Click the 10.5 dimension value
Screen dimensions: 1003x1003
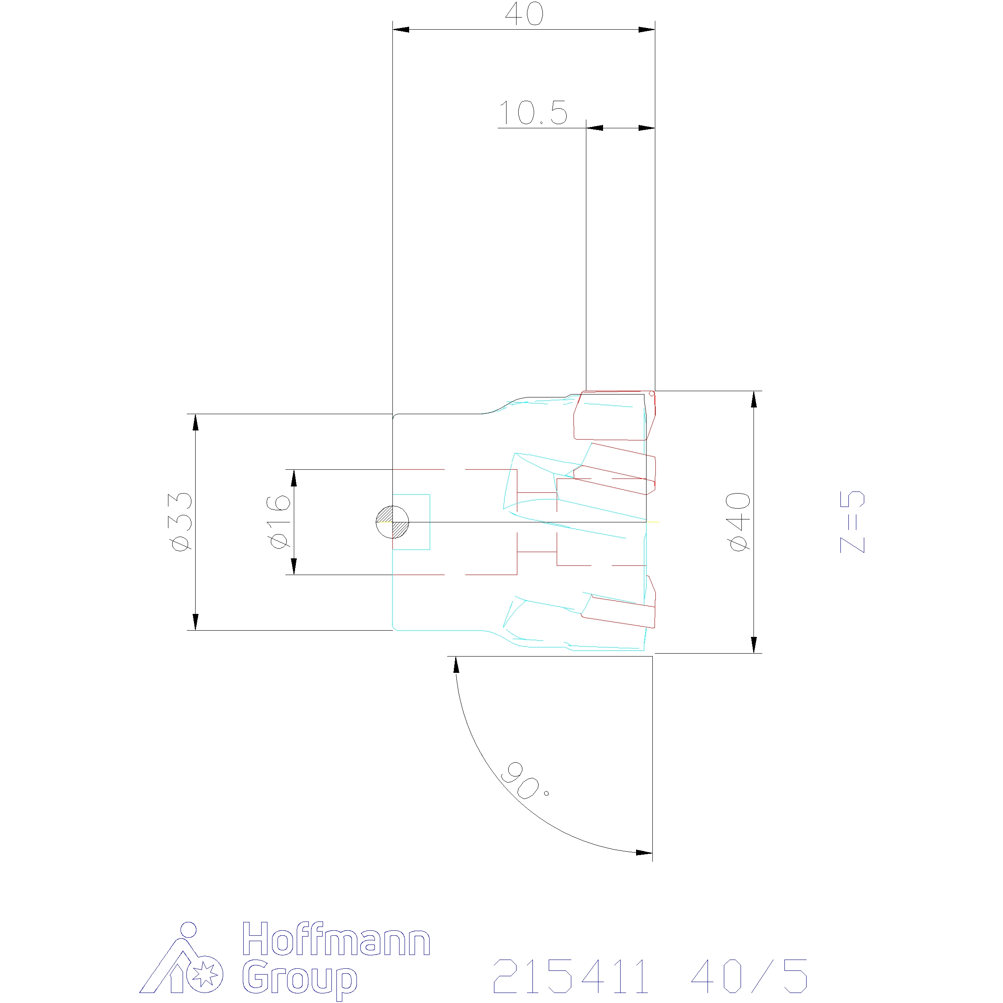(x=533, y=113)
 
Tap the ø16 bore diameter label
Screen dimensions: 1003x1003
(x=278, y=521)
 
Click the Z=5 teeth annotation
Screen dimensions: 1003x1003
(x=853, y=521)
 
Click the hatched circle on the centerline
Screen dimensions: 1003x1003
(x=392, y=522)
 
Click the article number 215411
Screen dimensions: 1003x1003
(x=571, y=976)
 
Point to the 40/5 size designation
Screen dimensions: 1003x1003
(x=749, y=976)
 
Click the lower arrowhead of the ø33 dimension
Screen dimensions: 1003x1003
(x=195, y=621)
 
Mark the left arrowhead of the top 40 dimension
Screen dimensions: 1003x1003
(x=401, y=30)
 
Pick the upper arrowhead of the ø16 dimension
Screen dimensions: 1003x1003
(x=294, y=478)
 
